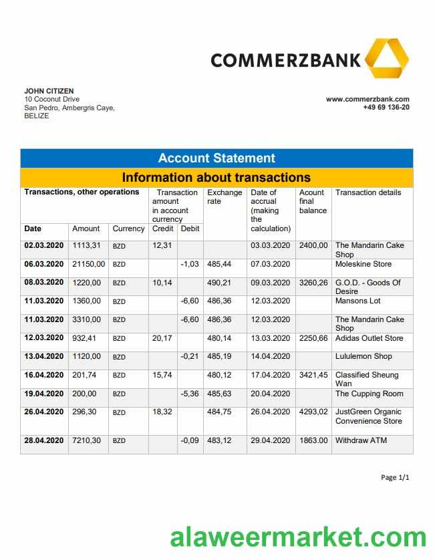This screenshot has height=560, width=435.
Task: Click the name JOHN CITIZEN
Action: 49,91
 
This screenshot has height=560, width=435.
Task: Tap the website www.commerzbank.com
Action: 368,99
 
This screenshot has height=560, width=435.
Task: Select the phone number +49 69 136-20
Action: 386,107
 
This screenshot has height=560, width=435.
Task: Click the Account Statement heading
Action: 216,158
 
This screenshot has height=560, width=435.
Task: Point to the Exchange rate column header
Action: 225,197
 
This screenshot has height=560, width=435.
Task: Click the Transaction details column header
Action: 368,192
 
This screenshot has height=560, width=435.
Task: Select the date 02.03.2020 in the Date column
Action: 44,245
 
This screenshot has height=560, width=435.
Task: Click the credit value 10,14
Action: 162,283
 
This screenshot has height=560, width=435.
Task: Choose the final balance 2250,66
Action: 313,338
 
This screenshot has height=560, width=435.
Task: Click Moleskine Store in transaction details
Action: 364,264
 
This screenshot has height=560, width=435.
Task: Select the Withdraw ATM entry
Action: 361,440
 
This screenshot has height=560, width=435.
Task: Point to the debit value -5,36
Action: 190,394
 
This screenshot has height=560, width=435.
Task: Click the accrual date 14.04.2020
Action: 270,356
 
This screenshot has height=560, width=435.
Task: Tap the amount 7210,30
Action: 86,440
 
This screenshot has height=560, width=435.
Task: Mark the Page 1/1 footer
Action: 394,477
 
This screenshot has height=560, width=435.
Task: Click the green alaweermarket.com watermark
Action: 297,537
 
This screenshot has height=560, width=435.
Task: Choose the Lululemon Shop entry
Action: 364,356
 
